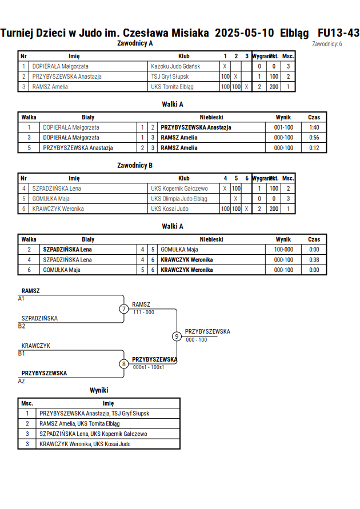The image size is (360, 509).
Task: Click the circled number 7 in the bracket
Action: coord(123,308)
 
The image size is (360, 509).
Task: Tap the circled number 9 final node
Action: coord(177,336)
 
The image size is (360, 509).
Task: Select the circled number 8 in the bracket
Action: coord(123,364)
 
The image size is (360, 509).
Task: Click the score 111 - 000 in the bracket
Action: coord(143,312)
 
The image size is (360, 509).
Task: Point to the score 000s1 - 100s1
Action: coord(149,367)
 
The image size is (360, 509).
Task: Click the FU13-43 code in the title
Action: coord(339,33)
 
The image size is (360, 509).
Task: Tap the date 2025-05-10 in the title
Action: coord(244,33)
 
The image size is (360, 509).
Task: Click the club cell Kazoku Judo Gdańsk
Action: coord(175,66)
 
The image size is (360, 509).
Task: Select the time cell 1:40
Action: coord(314,127)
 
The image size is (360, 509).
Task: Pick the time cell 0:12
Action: coord(314,148)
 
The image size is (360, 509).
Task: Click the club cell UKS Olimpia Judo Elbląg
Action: coord(179,199)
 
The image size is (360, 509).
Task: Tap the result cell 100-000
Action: coord(283,249)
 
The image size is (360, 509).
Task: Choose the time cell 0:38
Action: coord(314,260)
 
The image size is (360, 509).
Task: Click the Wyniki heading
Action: coord(99,390)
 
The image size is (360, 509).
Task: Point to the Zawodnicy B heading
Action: coord(135,165)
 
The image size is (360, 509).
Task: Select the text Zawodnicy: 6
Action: coord(327,44)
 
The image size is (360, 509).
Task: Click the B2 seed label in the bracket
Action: coord(21,326)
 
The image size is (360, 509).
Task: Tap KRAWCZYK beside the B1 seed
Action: coord(35,346)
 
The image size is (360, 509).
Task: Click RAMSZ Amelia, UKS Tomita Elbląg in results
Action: coord(79,424)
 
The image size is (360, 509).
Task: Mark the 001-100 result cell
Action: coord(283,127)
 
